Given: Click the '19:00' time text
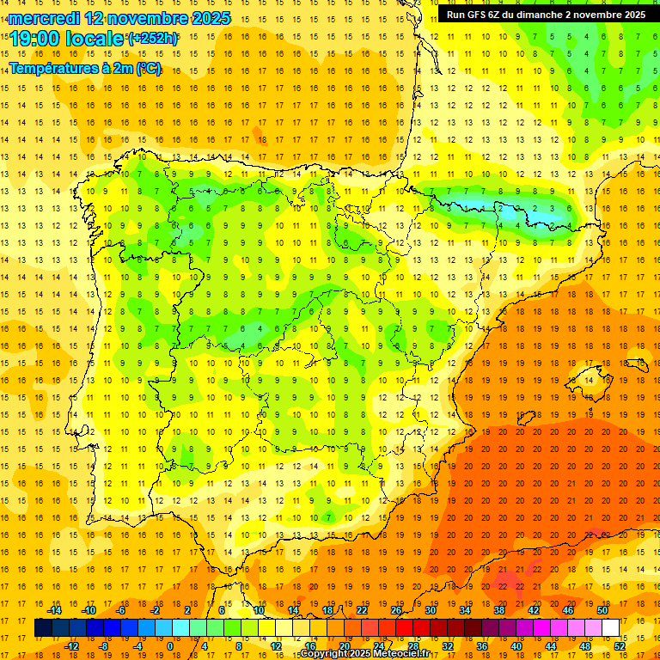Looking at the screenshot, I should pos(34,39).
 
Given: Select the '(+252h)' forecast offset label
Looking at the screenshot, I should pos(153,39).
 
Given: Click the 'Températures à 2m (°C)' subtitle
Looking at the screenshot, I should pos(84,68).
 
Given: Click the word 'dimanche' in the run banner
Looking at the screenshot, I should pos(547,15).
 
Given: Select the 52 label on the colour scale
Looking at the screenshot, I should pos(620,646).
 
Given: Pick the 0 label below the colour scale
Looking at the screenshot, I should pos(169,646).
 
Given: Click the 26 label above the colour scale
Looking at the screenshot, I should pos(396,610).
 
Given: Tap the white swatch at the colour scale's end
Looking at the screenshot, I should pos(610,628).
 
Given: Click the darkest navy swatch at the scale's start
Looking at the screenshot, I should pos(43,628).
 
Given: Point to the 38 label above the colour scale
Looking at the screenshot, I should pos(498,610).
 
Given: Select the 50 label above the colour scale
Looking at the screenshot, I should pos(602,610).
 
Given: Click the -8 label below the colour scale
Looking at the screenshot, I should pos(104,646).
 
